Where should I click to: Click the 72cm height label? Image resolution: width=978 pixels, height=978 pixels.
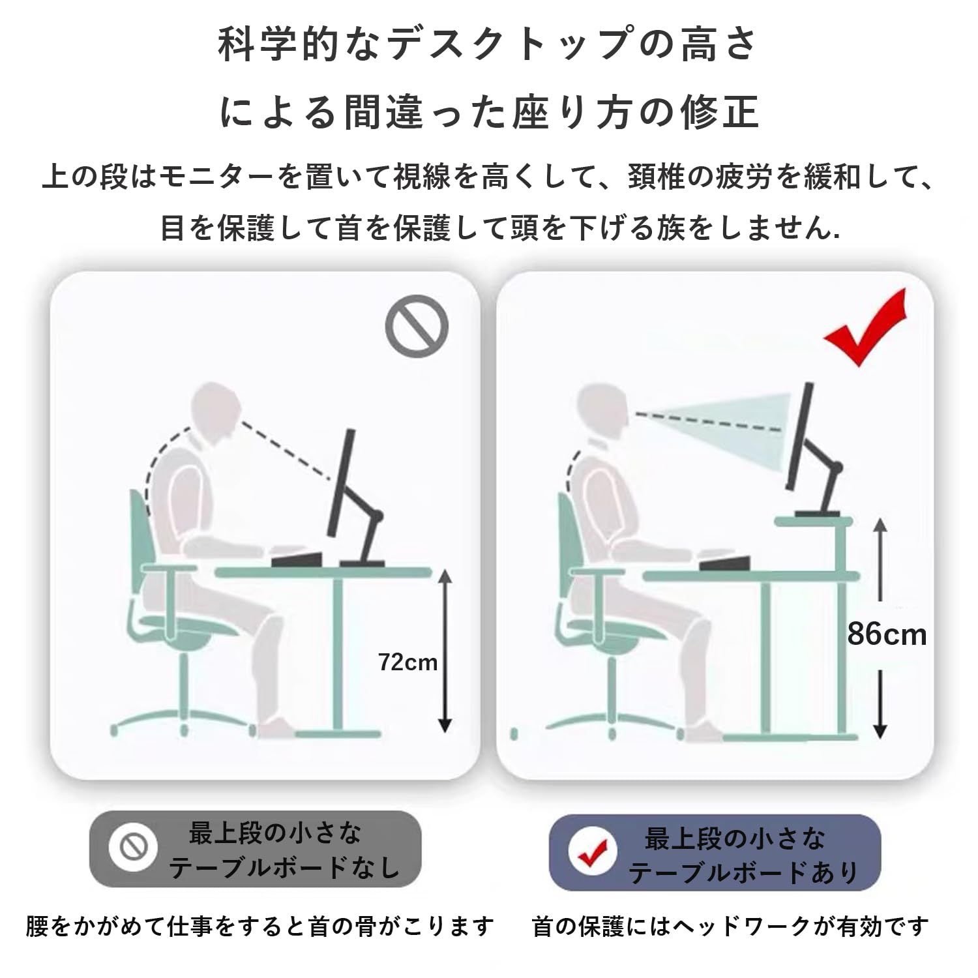(x=407, y=662)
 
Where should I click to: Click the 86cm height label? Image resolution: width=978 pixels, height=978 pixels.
(x=887, y=634)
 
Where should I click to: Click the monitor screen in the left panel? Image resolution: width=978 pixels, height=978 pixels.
(x=343, y=482)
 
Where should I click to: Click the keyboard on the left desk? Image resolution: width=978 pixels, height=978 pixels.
(x=297, y=558)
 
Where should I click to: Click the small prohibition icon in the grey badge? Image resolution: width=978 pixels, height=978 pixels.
(x=133, y=848)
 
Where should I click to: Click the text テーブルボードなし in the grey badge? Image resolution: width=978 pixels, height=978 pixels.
(x=284, y=867)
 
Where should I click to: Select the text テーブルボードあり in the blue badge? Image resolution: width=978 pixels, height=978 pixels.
(x=743, y=872)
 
